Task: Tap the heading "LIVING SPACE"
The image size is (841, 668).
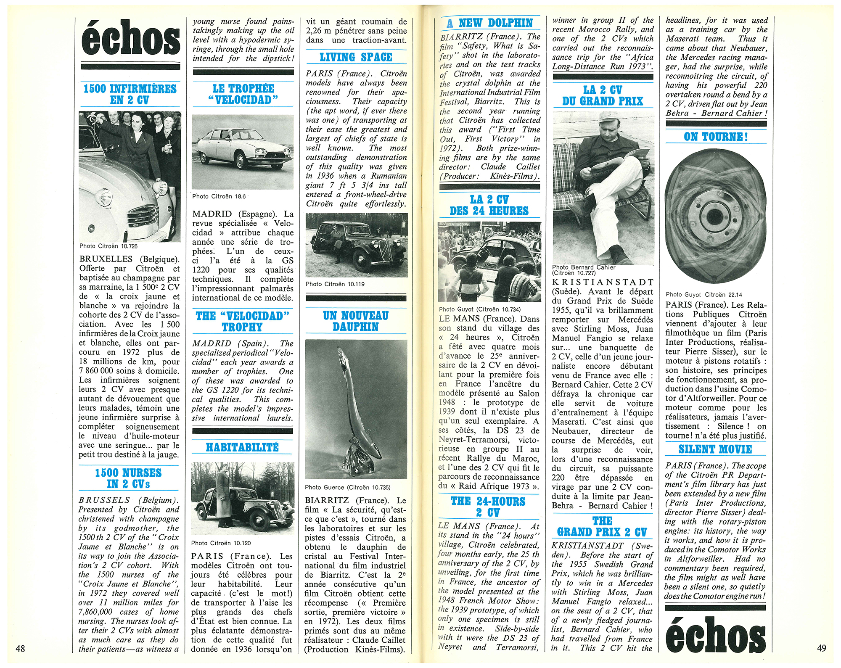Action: (356, 57)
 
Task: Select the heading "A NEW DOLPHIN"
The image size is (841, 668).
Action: (490, 23)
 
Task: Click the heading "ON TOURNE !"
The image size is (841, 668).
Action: (716, 137)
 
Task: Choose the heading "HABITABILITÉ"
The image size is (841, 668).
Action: (242, 447)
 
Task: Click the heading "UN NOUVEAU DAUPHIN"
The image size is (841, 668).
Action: (356, 321)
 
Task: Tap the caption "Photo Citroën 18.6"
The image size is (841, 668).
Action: (219, 196)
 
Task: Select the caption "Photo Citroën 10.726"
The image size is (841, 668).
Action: (108, 246)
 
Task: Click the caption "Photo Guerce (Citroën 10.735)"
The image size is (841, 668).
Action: (347, 487)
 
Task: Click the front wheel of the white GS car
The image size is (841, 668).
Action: (241, 161)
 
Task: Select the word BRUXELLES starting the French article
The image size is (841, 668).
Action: (106, 259)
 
